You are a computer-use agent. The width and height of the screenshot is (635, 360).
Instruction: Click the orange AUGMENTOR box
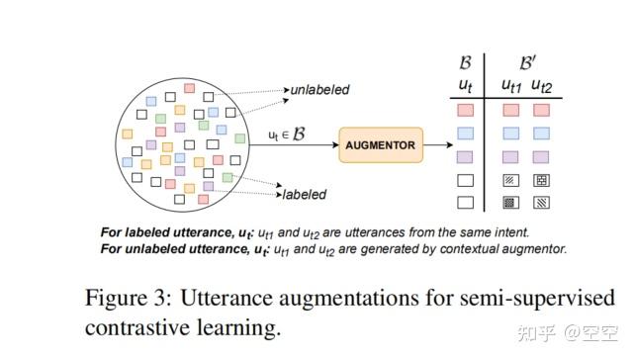(x=380, y=145)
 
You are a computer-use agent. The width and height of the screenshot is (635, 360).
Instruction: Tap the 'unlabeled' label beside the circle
(x=319, y=90)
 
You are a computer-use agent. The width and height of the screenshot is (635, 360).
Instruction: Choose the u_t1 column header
(x=510, y=86)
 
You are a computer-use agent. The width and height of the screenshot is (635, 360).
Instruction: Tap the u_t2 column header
(x=541, y=86)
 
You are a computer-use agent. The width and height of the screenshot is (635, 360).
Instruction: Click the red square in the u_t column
(x=466, y=111)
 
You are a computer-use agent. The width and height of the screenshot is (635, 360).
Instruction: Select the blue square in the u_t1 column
(x=510, y=134)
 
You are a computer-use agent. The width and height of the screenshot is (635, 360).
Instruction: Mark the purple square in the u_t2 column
(x=541, y=157)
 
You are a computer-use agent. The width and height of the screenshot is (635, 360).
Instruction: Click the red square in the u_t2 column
(x=541, y=111)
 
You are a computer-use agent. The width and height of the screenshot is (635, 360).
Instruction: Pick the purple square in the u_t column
(x=466, y=157)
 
